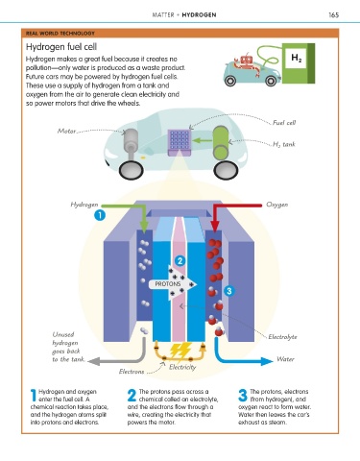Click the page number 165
[x=333, y=14]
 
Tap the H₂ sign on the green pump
[x=296, y=59]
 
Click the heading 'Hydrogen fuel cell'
[x=61, y=47]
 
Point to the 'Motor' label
[x=66, y=131]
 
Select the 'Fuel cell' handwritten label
[x=284, y=123]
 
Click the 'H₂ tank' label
[x=283, y=144]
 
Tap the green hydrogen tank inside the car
[x=221, y=142]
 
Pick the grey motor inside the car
[x=131, y=144]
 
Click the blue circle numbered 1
[x=100, y=215]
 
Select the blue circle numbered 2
[x=180, y=261]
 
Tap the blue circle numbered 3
[x=228, y=291]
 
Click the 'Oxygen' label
[x=276, y=205]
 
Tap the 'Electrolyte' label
[x=282, y=337]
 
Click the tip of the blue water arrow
[x=273, y=361]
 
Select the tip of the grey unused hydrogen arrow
[x=87, y=361]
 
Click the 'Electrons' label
[x=132, y=372]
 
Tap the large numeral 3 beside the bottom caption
[x=243, y=395]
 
